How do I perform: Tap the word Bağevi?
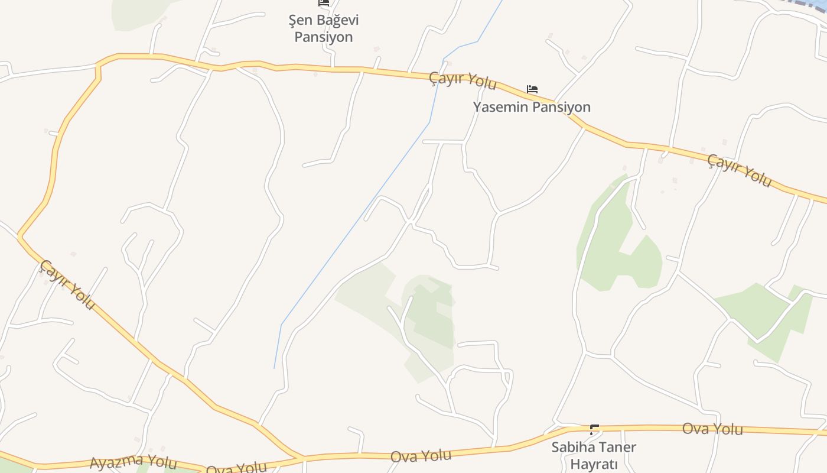[338, 20]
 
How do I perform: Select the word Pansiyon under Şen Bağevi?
[324, 37]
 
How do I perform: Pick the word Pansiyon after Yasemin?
[562, 107]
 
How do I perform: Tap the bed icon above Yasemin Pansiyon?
[532, 90]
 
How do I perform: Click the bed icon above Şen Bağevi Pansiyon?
[324, 3]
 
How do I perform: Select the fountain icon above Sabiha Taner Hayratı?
[594, 430]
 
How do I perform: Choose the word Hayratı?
[594, 464]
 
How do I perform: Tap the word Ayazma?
[117, 461]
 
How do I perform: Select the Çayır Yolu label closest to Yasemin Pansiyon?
[463, 80]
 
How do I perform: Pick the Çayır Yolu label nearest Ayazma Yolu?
[67, 284]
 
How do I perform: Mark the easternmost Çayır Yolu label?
[740, 170]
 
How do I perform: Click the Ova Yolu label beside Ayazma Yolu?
[236, 468]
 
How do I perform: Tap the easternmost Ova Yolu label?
[712, 429]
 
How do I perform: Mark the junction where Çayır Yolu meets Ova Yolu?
[301, 457]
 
